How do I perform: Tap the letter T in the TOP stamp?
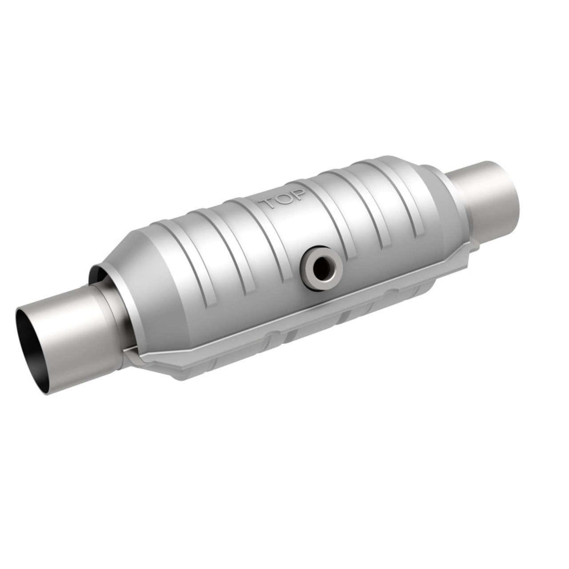(268, 204)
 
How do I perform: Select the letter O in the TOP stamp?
(283, 199)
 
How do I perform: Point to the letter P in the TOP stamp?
(297, 194)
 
